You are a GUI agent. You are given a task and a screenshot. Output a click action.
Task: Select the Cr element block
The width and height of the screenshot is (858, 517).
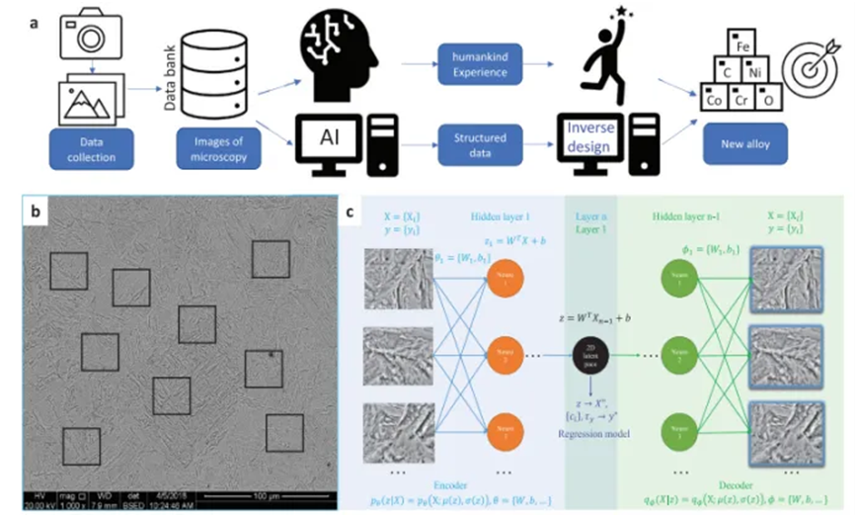(743, 99)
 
